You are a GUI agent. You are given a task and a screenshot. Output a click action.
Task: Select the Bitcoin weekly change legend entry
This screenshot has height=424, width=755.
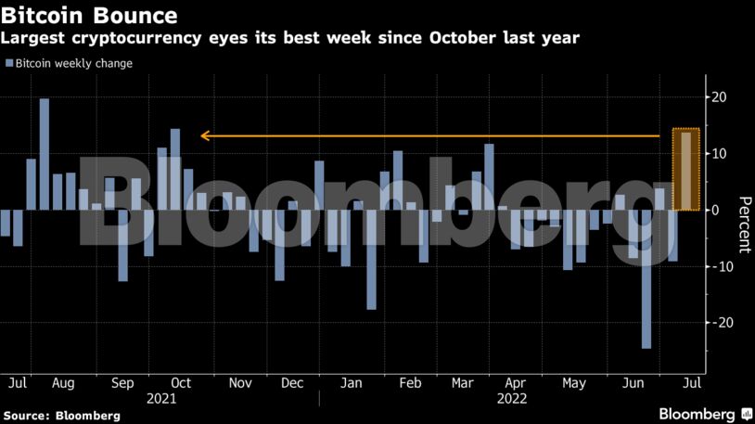click(x=70, y=63)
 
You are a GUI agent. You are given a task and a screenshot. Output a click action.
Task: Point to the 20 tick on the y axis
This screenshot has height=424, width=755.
click(x=718, y=97)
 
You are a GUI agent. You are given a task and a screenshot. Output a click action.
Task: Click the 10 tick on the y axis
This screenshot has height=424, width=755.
click(x=718, y=154)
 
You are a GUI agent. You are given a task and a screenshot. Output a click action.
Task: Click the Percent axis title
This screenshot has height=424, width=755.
click(x=744, y=225)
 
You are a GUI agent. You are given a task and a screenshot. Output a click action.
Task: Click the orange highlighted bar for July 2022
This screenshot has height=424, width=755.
click(x=685, y=171)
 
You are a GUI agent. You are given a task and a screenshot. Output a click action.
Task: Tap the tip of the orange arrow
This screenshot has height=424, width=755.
click(x=202, y=135)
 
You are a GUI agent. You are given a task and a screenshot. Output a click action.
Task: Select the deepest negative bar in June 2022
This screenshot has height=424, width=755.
click(x=646, y=278)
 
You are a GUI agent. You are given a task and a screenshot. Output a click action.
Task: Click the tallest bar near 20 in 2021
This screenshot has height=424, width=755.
click(x=44, y=154)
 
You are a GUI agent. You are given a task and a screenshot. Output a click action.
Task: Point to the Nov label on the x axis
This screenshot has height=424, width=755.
click(x=240, y=382)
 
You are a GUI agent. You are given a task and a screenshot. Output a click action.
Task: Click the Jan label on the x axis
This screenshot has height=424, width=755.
click(x=351, y=382)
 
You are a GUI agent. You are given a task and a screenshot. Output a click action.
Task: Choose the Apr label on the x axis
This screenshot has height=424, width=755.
click(x=518, y=382)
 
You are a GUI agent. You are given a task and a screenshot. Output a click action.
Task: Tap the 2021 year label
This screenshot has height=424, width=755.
click(x=161, y=398)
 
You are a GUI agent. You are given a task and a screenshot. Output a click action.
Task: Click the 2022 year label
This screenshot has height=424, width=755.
click(x=513, y=398)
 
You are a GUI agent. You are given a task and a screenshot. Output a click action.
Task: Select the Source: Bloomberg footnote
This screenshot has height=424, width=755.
click(x=62, y=416)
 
